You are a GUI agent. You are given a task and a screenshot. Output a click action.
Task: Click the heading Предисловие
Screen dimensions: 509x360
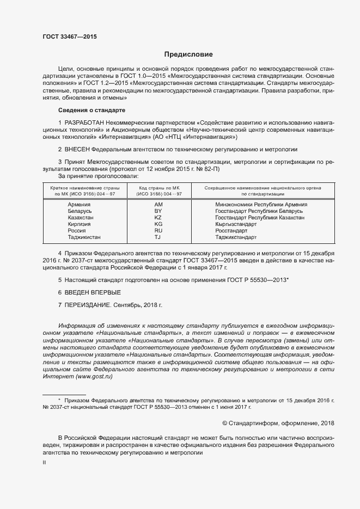(188, 54)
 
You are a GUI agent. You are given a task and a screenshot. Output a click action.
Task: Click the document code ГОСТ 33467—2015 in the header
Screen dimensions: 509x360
(70, 36)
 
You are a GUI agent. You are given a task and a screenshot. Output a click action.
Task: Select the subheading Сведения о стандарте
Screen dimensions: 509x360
(88, 110)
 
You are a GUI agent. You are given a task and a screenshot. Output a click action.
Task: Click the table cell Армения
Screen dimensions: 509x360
(80, 204)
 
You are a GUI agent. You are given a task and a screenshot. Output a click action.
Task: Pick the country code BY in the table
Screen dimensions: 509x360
(158, 210)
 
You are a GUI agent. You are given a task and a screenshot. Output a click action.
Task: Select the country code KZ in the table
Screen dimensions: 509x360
(158, 217)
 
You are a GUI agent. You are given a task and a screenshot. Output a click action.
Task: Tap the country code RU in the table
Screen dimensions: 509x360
(158, 230)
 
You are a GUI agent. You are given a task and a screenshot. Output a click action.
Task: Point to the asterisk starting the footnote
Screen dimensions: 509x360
(59, 400)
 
